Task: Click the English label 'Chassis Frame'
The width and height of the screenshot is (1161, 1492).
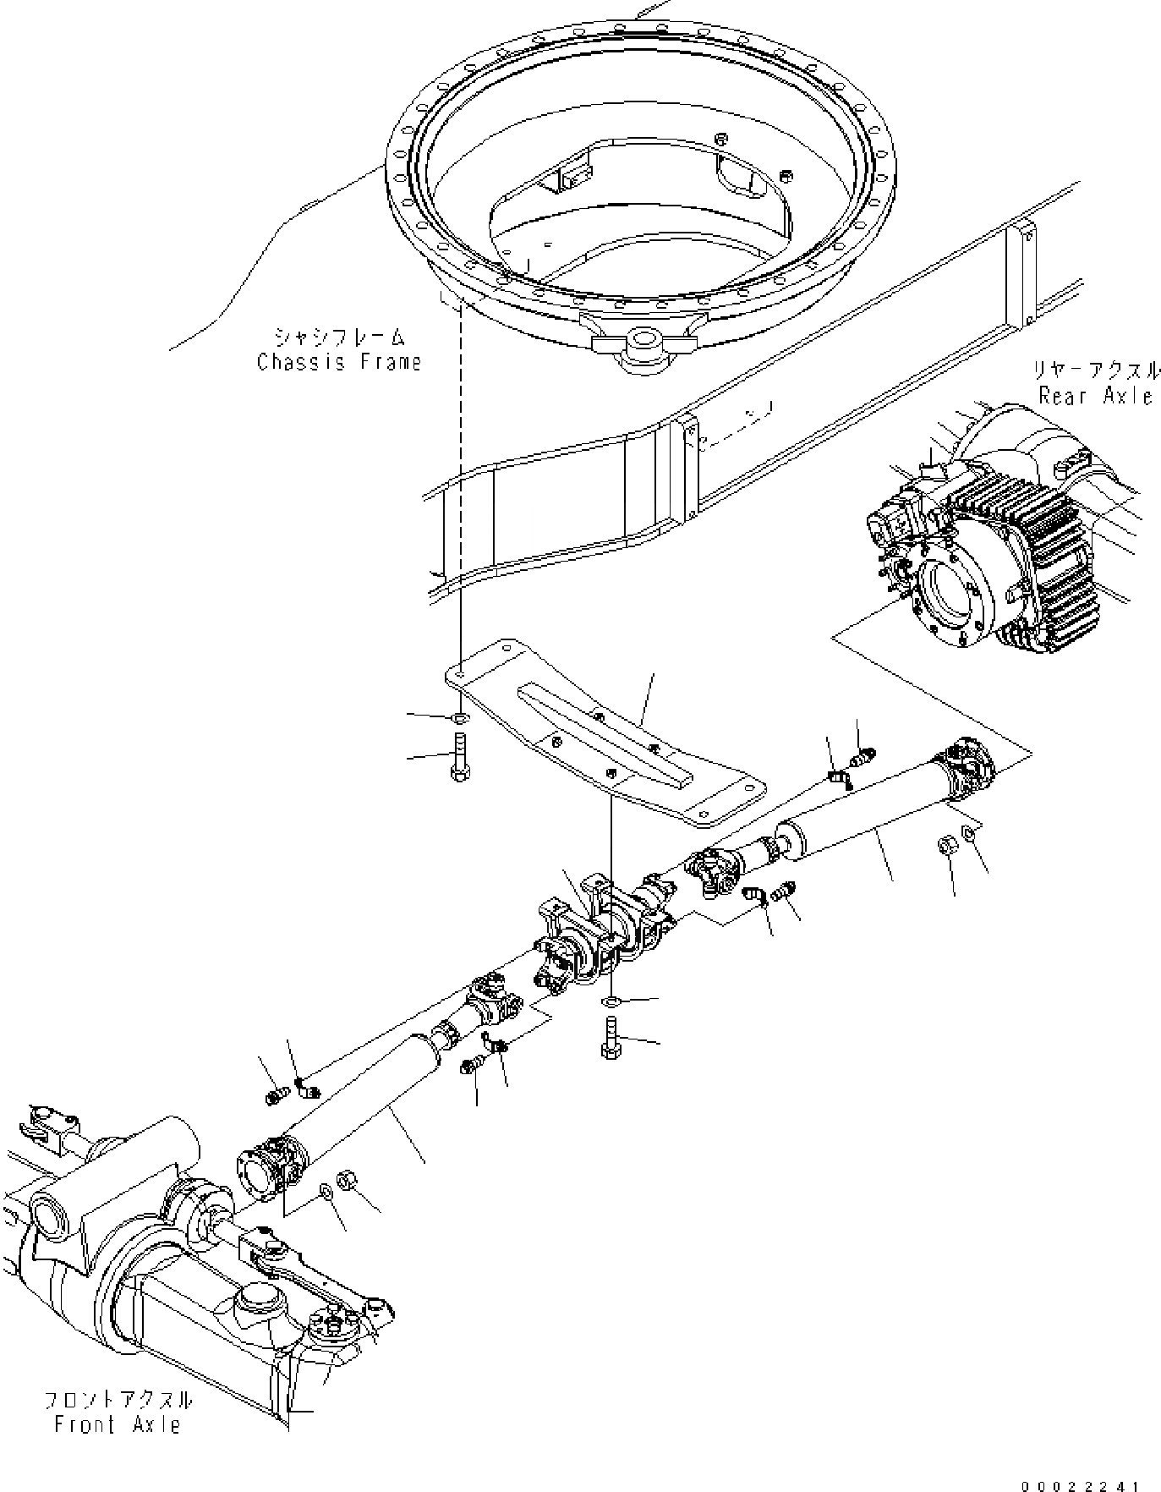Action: click(338, 362)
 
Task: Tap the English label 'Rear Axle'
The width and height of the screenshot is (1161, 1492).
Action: click(1096, 395)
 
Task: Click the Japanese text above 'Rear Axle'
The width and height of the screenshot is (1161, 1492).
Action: click(1096, 371)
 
